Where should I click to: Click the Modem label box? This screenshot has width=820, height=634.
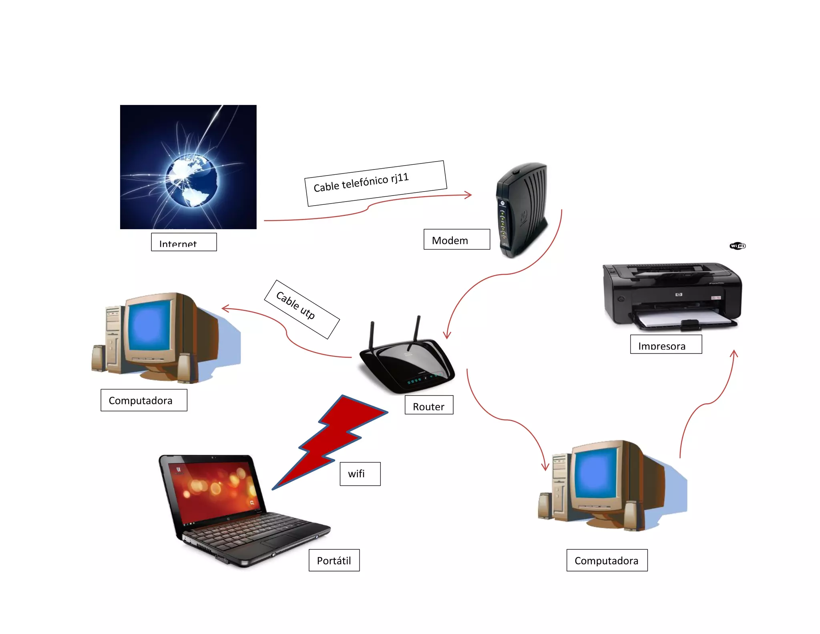(x=456, y=240)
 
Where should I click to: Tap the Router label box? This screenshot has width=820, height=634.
(x=429, y=405)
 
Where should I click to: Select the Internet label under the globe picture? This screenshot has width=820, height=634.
(x=184, y=242)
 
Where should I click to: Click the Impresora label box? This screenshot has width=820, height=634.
(x=665, y=344)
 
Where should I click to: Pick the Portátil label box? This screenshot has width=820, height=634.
(x=334, y=560)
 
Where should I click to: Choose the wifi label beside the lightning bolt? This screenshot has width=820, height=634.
(x=360, y=474)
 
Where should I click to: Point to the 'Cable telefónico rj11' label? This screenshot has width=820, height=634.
(x=375, y=183)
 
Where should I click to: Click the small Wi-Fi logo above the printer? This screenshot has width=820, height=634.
(x=738, y=246)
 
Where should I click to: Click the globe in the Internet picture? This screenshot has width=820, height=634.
(x=192, y=181)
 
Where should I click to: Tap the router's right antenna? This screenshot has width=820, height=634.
(x=417, y=329)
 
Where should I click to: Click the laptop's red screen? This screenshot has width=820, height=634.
(x=212, y=489)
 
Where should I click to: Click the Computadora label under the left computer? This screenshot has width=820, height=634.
(x=144, y=400)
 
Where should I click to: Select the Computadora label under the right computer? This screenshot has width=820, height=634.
(x=607, y=560)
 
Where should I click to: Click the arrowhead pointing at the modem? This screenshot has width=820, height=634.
(x=468, y=195)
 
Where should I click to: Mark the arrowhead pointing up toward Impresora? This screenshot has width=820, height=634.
(x=734, y=353)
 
